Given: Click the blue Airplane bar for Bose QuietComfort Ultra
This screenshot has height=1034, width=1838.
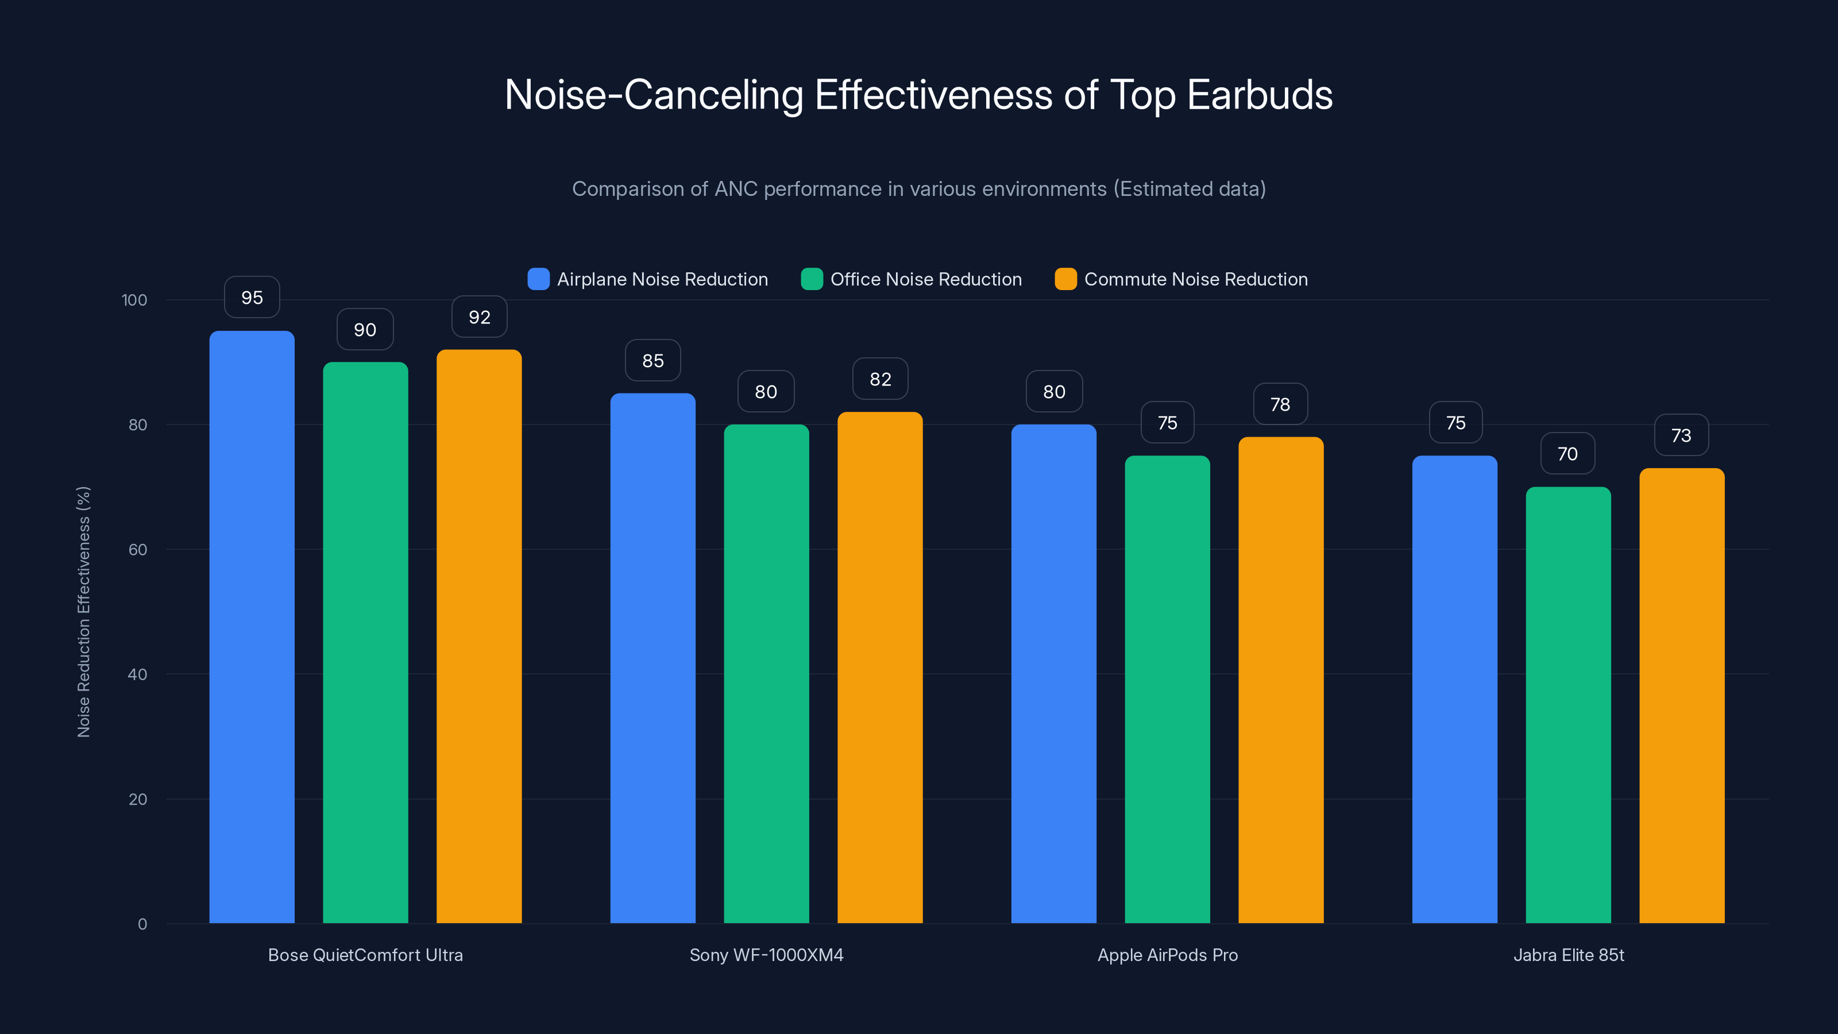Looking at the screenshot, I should pyautogui.click(x=252, y=628).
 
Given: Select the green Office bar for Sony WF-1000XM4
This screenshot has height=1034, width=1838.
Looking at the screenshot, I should pyautogui.click(x=766, y=674).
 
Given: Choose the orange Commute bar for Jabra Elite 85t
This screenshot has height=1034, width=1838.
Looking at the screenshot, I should pyautogui.click(x=1682, y=696).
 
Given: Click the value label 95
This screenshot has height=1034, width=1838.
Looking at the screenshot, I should pyautogui.click(x=252, y=298).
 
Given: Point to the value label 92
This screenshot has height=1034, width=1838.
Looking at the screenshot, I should pyautogui.click(x=480, y=317).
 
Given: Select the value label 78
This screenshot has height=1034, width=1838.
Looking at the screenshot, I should pyautogui.click(x=1281, y=404).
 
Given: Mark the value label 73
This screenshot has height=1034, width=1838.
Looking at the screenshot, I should pyautogui.click(x=1682, y=435).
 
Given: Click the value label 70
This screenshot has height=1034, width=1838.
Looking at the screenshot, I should pyautogui.click(x=1567, y=454).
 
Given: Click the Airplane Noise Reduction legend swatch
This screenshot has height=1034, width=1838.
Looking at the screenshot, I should pyautogui.click(x=539, y=279).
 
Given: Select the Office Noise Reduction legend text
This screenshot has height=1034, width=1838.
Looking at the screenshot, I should pyautogui.click(x=926, y=279).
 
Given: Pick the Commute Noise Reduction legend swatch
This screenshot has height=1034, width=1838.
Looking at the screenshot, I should pyautogui.click(x=1066, y=279).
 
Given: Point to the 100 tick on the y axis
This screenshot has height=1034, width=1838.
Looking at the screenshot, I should pyautogui.click(x=134, y=300).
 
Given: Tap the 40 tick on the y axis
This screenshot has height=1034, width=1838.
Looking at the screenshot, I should pyautogui.click(x=137, y=674).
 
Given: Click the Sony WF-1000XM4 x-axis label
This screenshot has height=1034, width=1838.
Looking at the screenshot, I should pyautogui.click(x=766, y=955).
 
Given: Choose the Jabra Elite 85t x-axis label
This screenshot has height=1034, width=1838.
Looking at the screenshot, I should pyautogui.click(x=1568, y=955).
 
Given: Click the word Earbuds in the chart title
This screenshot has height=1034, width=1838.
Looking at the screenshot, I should pyautogui.click(x=1260, y=95).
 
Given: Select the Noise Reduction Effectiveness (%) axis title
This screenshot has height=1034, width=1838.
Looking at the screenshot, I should pyautogui.click(x=83, y=612).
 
